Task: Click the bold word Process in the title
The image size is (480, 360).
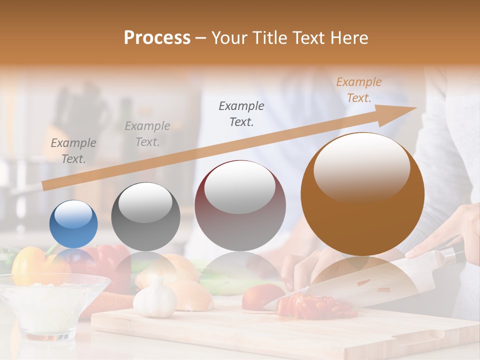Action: pyautogui.click(x=157, y=38)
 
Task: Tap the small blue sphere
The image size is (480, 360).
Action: pyautogui.click(x=73, y=224)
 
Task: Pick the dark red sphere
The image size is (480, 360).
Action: pyautogui.click(x=240, y=206)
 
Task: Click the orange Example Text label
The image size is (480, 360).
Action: pyautogui.click(x=358, y=90)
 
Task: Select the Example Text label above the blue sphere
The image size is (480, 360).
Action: pyautogui.click(x=73, y=150)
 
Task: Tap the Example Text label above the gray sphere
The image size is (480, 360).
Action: pyautogui.click(x=147, y=133)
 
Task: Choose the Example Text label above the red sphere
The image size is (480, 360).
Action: pyautogui.click(x=241, y=113)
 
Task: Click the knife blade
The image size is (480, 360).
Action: pyautogui.click(x=350, y=285)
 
